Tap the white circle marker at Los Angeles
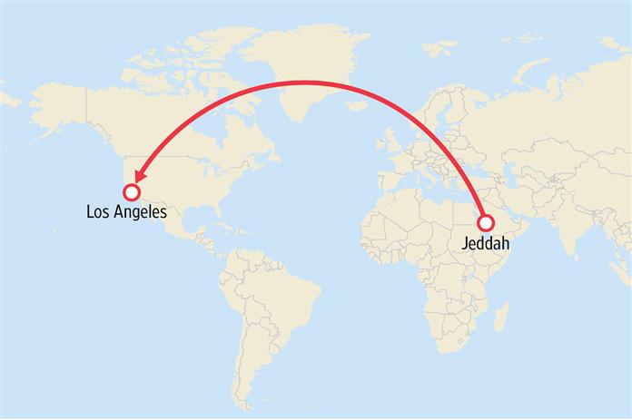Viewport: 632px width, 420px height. pyautogui.click(x=131, y=191)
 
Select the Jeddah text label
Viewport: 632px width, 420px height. pyautogui.click(x=486, y=245)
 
